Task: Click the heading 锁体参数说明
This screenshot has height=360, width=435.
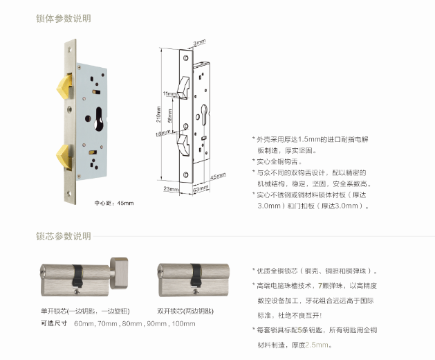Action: point(64,19)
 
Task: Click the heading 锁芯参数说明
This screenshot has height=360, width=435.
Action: point(64,236)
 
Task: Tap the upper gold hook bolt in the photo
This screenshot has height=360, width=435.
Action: point(64,87)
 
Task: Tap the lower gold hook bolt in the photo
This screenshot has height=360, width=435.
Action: point(64,157)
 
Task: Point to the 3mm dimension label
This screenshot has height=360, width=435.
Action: point(200,42)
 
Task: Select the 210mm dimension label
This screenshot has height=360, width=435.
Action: point(158,114)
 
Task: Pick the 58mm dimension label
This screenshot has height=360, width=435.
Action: point(170,116)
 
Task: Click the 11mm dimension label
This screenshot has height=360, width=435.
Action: point(170,93)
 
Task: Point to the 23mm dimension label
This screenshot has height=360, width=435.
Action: point(171,189)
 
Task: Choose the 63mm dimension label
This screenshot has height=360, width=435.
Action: point(201,189)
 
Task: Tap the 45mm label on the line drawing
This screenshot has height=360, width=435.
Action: point(218,176)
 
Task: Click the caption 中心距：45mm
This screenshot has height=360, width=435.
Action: point(114,203)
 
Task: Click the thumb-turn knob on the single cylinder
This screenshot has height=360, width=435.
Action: point(119,273)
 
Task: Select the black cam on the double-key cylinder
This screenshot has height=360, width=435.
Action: point(196,276)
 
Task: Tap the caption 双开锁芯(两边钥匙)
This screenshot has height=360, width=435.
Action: point(185,311)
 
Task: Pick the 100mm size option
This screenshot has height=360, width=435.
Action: point(184,323)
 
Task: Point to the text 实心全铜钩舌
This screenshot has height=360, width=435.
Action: point(277,162)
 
